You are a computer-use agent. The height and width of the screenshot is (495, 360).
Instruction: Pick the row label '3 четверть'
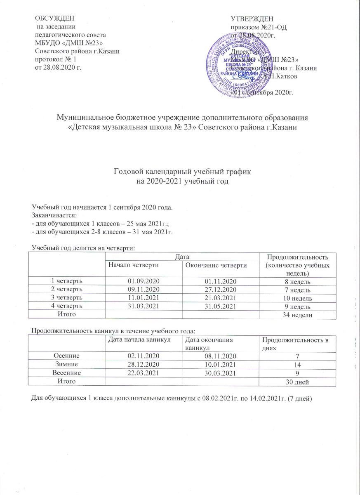[x=66, y=297]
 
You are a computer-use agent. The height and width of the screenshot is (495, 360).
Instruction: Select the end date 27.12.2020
[x=220, y=289]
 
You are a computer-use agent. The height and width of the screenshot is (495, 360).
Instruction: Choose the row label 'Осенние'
[x=66, y=355]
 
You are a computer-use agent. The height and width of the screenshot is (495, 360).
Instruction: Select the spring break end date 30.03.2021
[x=220, y=372]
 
